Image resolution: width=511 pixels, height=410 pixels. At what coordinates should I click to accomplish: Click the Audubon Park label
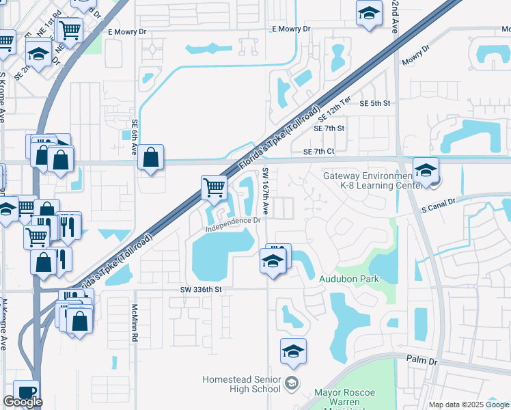(348, 279)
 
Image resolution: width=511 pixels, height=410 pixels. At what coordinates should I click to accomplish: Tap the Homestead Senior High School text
(243, 384)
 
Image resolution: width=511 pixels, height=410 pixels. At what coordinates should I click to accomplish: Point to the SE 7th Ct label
(318, 151)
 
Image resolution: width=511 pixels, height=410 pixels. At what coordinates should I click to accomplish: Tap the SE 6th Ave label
(135, 137)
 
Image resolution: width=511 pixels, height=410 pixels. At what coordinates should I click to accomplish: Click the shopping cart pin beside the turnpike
(214, 187)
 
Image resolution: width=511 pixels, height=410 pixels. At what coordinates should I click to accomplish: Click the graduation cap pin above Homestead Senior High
(293, 351)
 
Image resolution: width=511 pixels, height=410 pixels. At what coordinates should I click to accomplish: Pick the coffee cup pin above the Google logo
(27, 392)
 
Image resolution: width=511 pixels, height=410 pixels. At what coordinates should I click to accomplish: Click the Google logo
(23, 402)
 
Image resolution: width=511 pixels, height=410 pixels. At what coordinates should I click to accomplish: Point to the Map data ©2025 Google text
(469, 405)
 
